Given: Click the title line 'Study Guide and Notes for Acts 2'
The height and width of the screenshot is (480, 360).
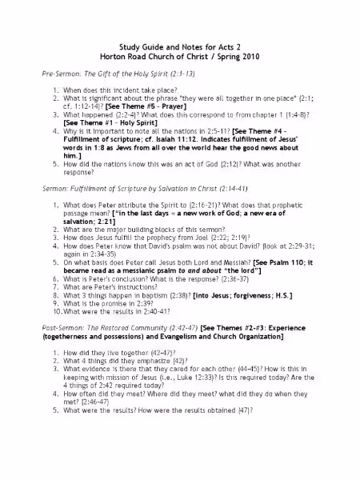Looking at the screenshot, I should [x=179, y=47].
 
